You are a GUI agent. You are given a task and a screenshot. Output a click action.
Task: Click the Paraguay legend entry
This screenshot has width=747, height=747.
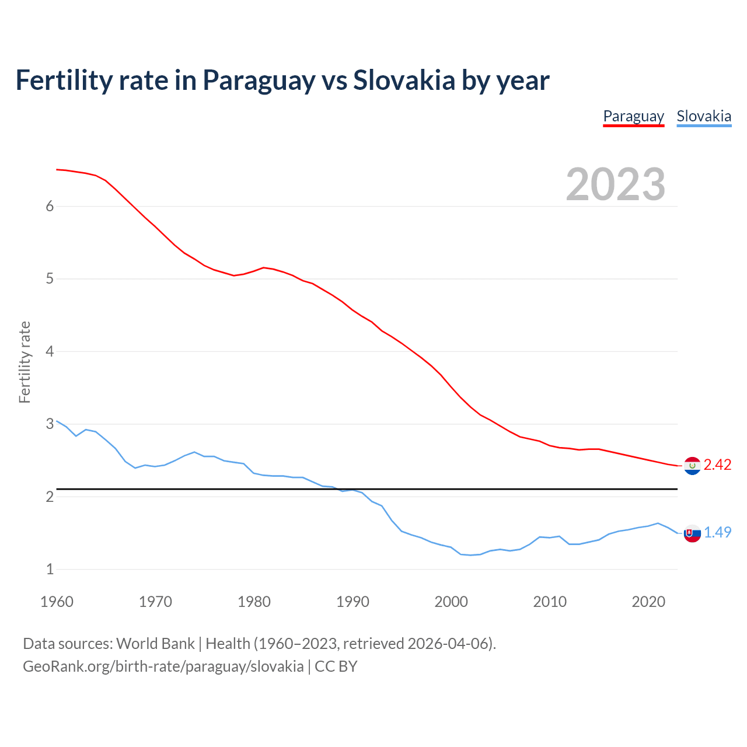633,116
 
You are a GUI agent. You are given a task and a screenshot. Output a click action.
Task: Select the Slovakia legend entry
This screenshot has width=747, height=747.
704,116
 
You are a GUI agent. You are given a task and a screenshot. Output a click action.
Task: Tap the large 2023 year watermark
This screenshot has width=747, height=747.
616,184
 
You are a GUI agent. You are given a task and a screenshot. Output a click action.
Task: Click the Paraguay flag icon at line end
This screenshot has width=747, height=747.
692,466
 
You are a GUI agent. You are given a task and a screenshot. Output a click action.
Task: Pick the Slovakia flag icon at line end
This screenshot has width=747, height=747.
692,533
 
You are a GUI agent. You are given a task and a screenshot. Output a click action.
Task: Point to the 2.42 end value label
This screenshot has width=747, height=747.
717,465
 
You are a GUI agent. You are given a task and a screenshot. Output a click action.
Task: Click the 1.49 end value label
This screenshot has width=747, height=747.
717,532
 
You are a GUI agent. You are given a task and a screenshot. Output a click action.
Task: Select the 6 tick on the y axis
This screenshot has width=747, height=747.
50,207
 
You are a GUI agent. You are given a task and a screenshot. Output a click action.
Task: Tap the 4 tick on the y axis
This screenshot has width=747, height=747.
50,351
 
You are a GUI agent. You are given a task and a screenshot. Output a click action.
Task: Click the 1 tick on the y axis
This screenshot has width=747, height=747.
50,569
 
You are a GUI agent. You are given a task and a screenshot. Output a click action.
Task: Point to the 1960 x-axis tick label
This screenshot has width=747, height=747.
57,602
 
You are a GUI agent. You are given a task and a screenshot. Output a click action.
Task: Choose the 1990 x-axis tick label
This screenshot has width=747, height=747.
352,602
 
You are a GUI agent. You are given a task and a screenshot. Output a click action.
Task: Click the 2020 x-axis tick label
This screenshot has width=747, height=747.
648,602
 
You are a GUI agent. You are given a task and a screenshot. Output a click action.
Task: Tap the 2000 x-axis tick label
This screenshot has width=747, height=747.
451,602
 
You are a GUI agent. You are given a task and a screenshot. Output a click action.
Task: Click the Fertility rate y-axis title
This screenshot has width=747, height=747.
25,362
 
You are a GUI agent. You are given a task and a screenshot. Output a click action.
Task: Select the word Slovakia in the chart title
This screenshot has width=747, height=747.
404,80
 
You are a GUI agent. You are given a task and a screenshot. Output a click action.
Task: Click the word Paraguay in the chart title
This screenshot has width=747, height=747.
259,81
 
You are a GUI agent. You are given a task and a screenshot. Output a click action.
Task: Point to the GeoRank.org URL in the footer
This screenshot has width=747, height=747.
163,666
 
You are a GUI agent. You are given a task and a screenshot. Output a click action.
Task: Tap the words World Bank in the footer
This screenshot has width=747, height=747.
155,644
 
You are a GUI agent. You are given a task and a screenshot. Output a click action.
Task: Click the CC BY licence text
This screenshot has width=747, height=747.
336,666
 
